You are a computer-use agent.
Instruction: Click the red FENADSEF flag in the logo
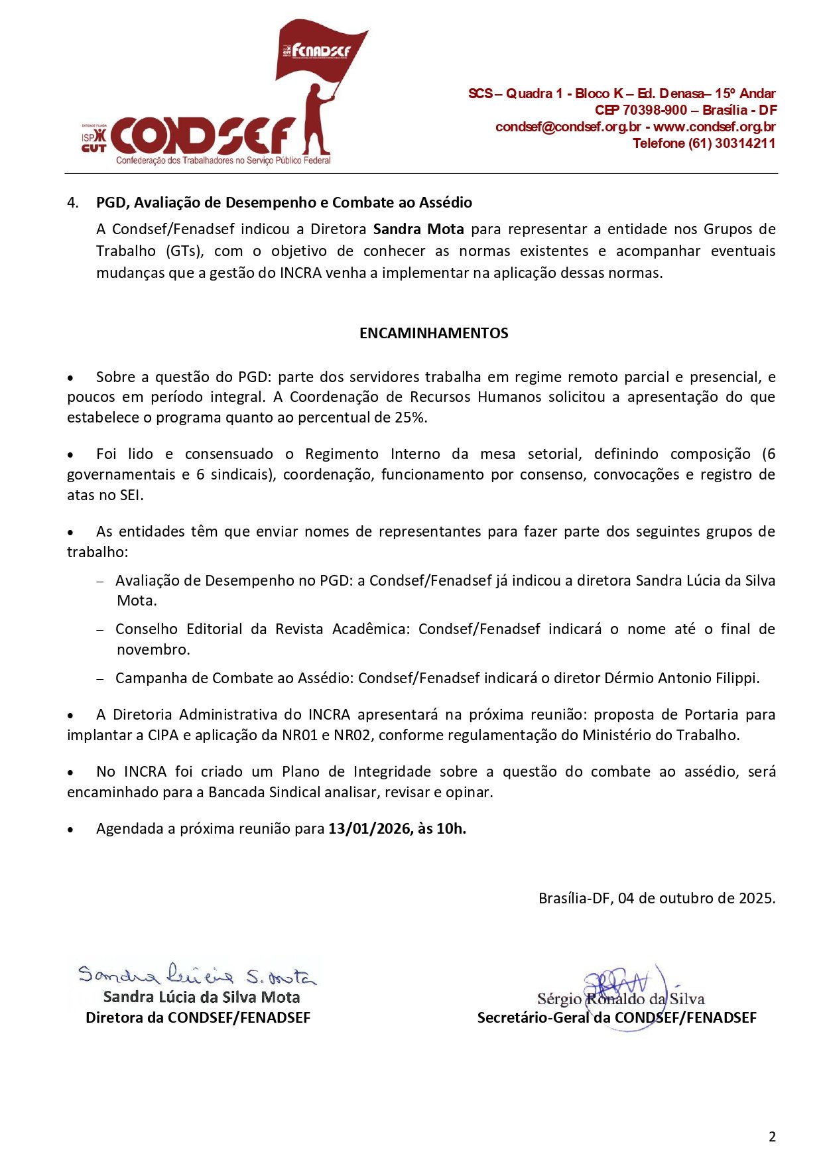coord(320,50)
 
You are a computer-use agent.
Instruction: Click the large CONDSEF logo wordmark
coord(202,136)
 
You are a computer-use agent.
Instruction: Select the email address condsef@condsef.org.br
coord(568,127)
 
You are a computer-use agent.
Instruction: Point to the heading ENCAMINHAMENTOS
coord(434,333)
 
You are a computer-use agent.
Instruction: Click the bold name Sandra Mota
coord(418,229)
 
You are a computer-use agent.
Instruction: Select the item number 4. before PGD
coord(73,202)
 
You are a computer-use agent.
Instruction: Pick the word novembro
coord(153,650)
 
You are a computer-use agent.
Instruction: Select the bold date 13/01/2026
coord(369,829)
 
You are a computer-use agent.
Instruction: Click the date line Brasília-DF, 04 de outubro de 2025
coord(657,899)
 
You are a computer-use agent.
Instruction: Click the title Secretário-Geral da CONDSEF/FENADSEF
coord(617,1018)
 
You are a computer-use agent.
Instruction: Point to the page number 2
coord(772,1137)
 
